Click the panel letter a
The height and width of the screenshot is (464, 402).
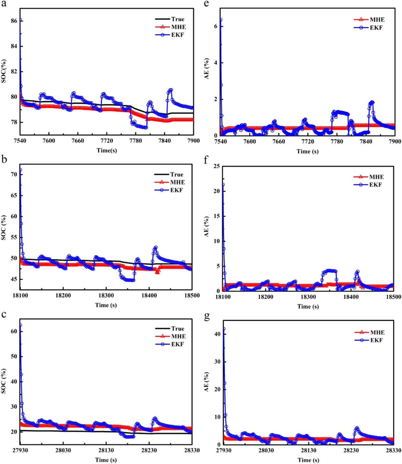[x=4, y=5]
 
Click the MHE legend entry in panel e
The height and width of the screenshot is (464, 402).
[x=377, y=20]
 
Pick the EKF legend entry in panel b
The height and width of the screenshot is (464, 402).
[x=177, y=190]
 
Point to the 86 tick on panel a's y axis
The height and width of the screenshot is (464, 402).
[x=14, y=21]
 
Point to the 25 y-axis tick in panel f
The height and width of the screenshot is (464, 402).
[x=216, y=166]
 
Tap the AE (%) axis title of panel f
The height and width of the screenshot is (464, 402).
[x=206, y=227]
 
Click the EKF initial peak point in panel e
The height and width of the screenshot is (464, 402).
[x=221, y=20]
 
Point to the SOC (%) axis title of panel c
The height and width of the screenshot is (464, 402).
[x=4, y=381]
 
